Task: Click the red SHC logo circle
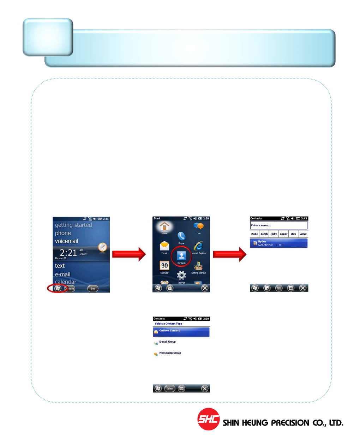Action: tap(208, 419)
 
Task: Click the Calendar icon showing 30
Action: tap(164, 266)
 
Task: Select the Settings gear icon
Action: tap(181, 276)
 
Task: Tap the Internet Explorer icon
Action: tap(199, 246)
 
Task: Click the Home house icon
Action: tap(164, 227)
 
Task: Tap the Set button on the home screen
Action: tap(93, 289)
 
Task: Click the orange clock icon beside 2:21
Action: tap(102, 247)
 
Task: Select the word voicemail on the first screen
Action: tap(66, 241)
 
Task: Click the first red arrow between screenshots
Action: tap(129, 254)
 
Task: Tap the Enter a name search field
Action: tap(278, 225)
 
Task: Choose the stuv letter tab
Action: tap(293, 234)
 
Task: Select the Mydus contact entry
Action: tap(278, 243)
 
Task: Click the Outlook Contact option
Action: tap(181, 332)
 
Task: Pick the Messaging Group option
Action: tap(170, 353)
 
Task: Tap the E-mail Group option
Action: tap(167, 342)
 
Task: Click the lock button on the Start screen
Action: tap(170, 288)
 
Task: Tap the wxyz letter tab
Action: tap(303, 234)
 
